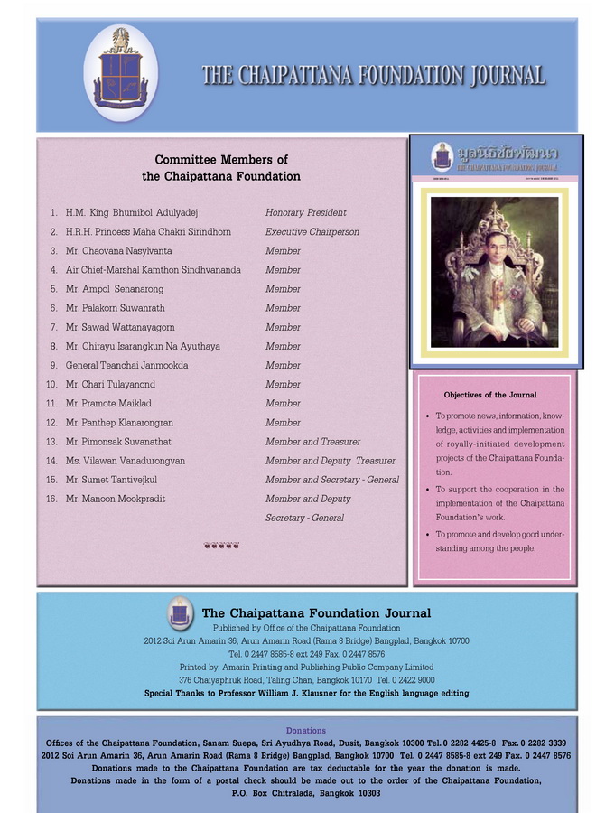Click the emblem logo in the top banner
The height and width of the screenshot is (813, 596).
coord(121,73)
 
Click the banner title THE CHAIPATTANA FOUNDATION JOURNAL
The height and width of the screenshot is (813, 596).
coord(373,75)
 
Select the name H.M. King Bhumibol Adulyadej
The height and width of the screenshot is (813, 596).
coord(131,213)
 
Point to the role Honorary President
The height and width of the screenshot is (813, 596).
coord(305,213)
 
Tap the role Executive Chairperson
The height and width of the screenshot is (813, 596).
coord(312,232)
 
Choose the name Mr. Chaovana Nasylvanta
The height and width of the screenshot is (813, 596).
coord(118,251)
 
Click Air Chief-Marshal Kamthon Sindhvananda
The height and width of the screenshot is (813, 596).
coord(153,270)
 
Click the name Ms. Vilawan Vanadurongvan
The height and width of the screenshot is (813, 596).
coord(126,461)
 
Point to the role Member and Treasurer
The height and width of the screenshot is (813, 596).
coord(312,442)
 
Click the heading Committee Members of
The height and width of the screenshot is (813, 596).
coord(221,160)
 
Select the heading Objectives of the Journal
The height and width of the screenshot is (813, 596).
coord(490,395)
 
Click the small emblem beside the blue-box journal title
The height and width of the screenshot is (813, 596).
coord(180,614)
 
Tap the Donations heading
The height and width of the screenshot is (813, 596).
coord(306,730)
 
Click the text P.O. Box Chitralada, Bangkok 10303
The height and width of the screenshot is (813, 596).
coord(306,793)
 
